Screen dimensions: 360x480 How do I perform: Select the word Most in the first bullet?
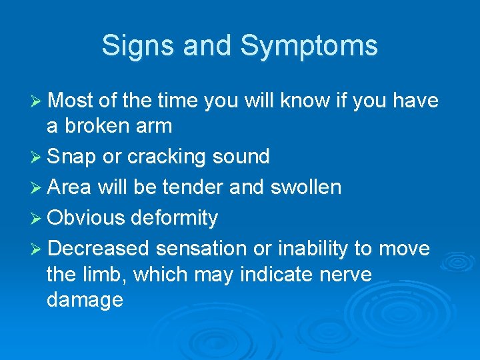point(71,101)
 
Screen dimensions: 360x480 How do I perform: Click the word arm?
point(156,126)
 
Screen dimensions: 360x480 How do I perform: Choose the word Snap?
point(71,157)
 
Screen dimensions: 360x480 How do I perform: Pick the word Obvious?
point(86,217)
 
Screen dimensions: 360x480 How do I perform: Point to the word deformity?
point(175,219)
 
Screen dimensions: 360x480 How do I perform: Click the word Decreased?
point(99,249)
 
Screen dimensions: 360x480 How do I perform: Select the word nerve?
point(341,274)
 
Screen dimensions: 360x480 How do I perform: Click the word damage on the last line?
point(85,300)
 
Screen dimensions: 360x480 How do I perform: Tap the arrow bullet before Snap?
point(37,157)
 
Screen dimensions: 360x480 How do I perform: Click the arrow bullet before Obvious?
point(37,218)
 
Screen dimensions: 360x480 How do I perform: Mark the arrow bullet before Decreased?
point(37,249)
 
